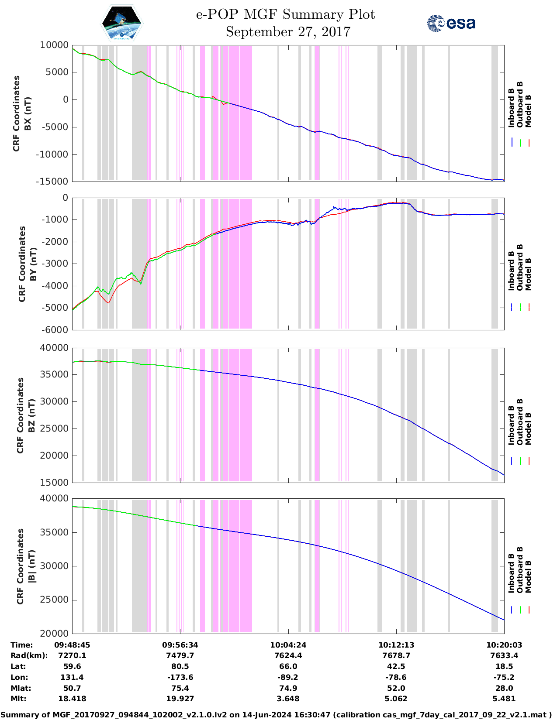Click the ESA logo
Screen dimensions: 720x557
coord(451,23)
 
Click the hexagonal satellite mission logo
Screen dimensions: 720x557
coord(121,23)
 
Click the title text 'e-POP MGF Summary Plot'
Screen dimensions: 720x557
coord(285,14)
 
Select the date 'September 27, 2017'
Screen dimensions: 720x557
coord(288,32)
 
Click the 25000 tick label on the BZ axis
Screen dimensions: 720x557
coord(55,429)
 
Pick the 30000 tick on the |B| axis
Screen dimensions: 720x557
coord(55,566)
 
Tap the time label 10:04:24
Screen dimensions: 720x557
coord(288,645)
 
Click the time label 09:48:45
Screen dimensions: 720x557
coord(72,645)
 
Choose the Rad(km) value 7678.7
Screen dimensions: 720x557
coord(396,655)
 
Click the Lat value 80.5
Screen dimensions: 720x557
coord(180,666)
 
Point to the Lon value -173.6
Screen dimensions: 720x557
coord(180,677)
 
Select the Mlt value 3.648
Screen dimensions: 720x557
coord(288,699)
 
